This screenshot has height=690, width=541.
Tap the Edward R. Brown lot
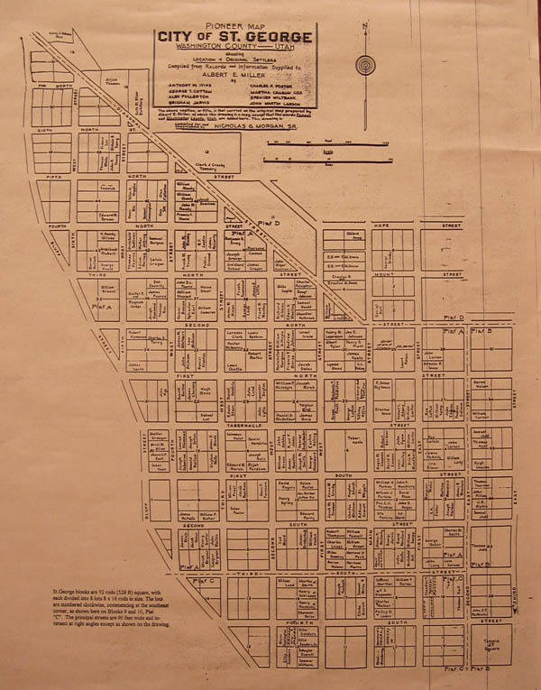pos(109,216)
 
